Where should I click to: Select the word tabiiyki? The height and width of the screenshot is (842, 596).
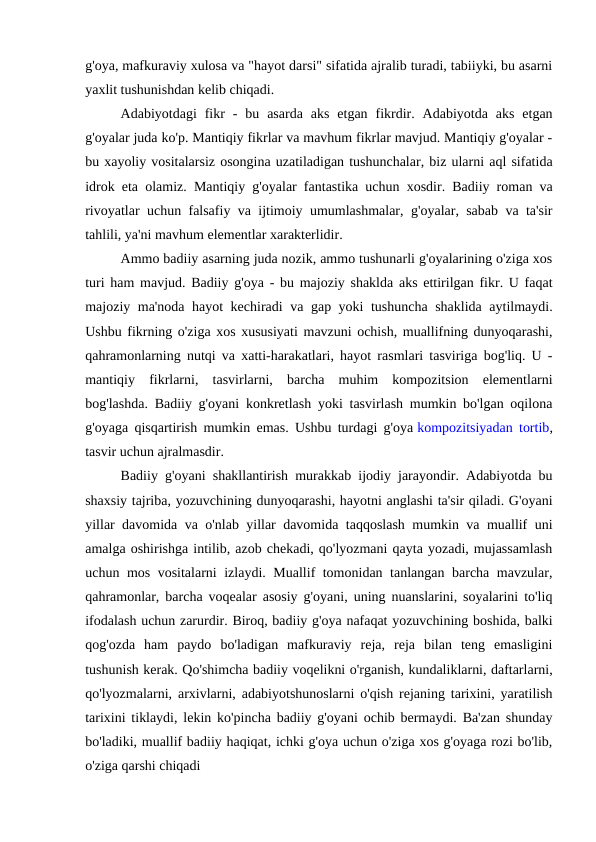tap(441, 63)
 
